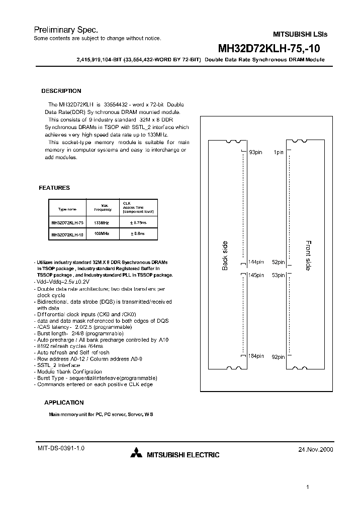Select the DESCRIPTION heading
point(61,91)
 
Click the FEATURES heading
point(54,188)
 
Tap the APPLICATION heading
point(64,403)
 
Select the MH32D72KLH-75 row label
point(67,222)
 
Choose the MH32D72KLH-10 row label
point(67,234)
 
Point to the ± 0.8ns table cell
point(138,234)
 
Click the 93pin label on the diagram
point(256,152)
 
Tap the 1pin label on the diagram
point(278,152)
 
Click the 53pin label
point(278,275)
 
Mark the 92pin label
point(278,357)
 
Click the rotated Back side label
point(225,256)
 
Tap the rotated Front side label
point(308,256)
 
